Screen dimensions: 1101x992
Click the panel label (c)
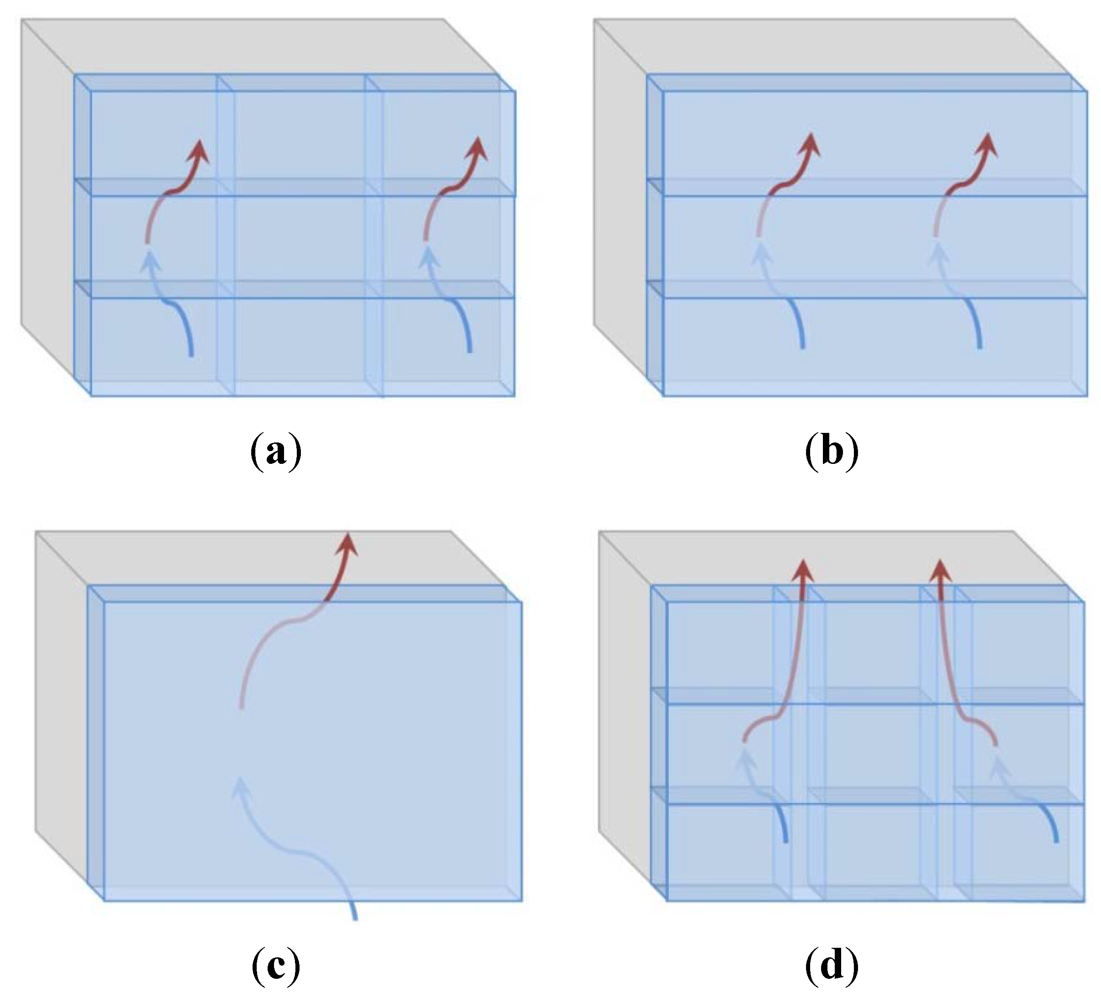[276, 965]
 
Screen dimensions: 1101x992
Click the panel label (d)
[831, 965]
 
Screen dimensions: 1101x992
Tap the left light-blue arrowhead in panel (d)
[744, 758]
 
